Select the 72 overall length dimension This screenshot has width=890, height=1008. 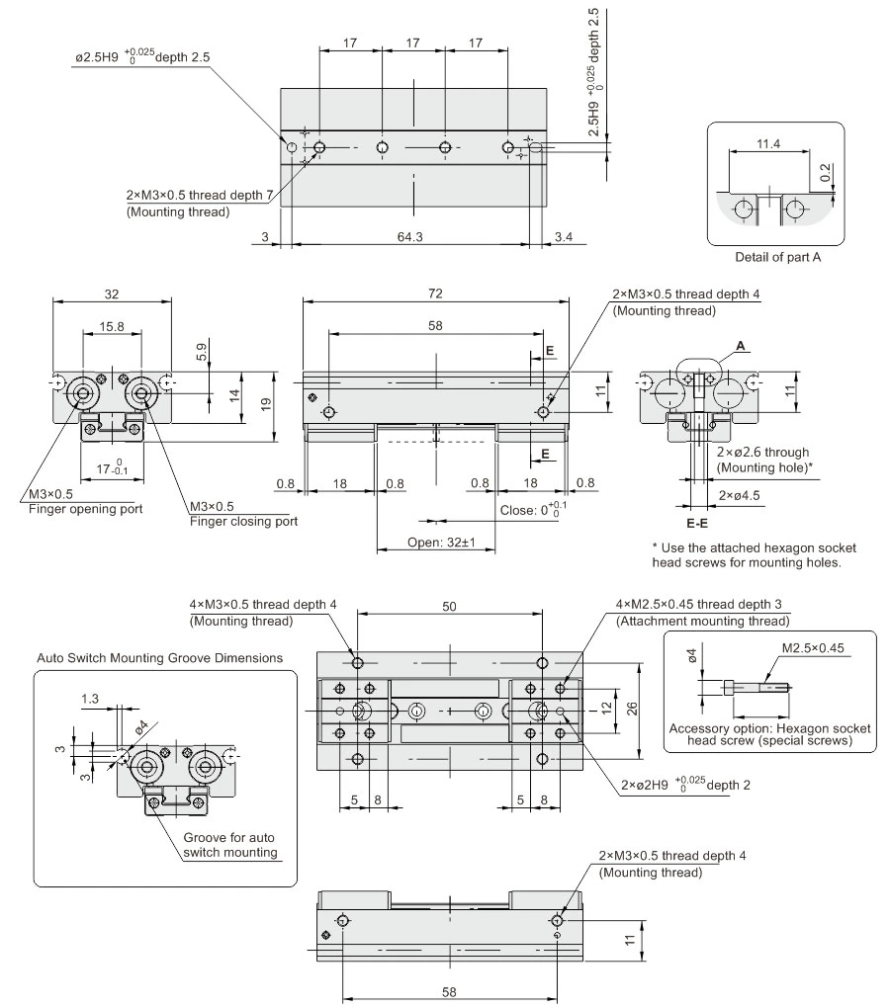436,294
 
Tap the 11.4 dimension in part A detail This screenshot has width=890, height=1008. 767,144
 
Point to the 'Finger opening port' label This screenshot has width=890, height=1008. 84,509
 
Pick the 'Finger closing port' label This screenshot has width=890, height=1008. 244,521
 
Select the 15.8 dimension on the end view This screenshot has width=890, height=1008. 111,325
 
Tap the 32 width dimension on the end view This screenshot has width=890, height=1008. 112,294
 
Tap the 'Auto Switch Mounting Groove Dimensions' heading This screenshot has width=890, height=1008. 159,657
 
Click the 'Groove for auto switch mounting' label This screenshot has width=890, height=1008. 230,845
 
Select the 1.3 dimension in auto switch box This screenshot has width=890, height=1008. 90,699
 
